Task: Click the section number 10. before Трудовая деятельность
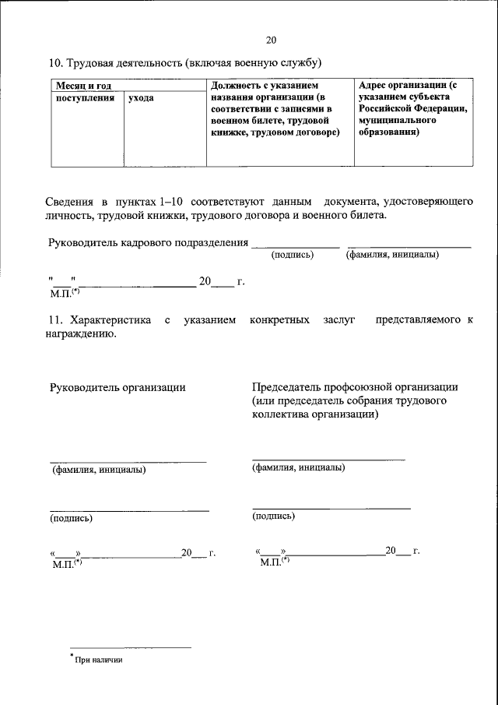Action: click(x=57, y=62)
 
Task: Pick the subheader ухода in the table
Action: click(x=141, y=98)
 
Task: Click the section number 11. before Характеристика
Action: click(x=56, y=320)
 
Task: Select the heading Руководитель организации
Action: click(x=117, y=387)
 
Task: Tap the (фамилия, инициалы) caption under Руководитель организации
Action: click(x=99, y=470)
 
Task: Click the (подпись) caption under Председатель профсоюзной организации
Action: click(x=274, y=516)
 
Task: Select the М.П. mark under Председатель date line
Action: click(x=273, y=561)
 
